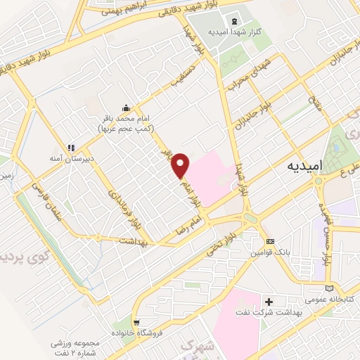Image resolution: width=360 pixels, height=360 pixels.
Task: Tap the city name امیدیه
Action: tap(307, 167)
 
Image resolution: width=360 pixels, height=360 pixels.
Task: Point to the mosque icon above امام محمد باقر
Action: tap(126, 108)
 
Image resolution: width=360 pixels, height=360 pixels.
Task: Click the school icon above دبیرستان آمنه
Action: tap(71, 148)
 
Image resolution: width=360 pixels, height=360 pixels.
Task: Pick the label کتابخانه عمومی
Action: tap(330, 299)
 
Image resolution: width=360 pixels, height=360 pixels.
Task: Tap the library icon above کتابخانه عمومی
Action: tap(330, 288)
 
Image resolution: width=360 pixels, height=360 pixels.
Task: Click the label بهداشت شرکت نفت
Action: tap(270, 313)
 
